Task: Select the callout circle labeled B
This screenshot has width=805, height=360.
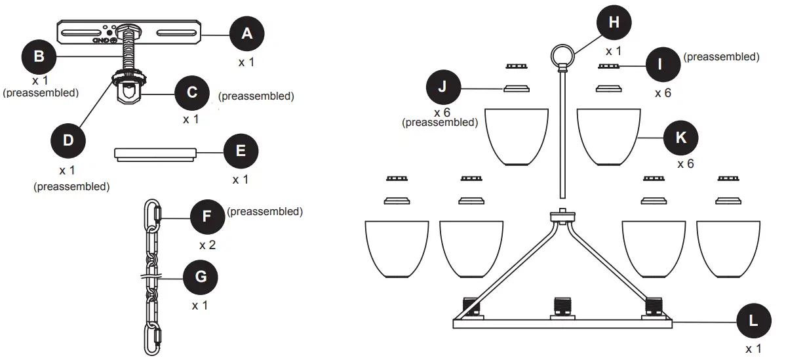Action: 39,56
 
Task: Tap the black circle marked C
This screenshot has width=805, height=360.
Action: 192,92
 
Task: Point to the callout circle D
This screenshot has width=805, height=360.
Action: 68,140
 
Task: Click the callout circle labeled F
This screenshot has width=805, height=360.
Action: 207,216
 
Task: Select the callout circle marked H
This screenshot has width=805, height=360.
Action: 614,23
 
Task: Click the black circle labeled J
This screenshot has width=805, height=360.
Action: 443,87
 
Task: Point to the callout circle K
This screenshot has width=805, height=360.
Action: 681,136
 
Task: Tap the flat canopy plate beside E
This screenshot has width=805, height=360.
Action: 155,153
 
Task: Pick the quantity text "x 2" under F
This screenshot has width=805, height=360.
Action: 208,246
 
